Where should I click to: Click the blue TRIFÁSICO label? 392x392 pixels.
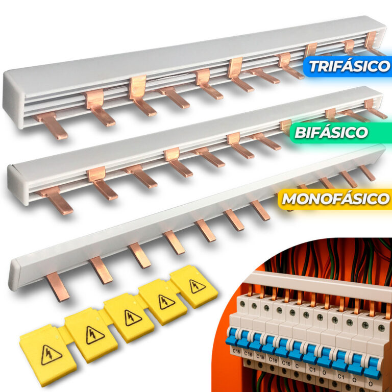(348, 66)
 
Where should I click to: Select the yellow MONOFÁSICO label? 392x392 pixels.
(335, 199)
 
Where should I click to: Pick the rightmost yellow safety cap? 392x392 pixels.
(194, 286)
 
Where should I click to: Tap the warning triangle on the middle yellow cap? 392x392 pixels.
(133, 318)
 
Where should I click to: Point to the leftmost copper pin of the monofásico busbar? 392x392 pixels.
(58, 286)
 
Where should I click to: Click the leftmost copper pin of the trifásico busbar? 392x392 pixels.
(51, 125)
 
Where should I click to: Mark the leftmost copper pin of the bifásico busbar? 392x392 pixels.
(56, 200)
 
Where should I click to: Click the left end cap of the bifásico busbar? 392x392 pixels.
(18, 185)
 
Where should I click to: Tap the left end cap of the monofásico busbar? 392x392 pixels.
(14, 275)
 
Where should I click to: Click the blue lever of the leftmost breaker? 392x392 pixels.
(231, 337)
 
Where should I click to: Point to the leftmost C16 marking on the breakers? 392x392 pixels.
(236, 351)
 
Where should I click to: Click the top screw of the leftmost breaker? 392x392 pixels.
(242, 304)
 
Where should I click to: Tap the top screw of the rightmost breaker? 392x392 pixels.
(381, 328)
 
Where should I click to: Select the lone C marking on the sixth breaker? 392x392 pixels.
(297, 366)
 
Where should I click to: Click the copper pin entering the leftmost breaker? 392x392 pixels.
(250, 290)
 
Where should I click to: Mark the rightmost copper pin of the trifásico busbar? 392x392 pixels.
(373, 43)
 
